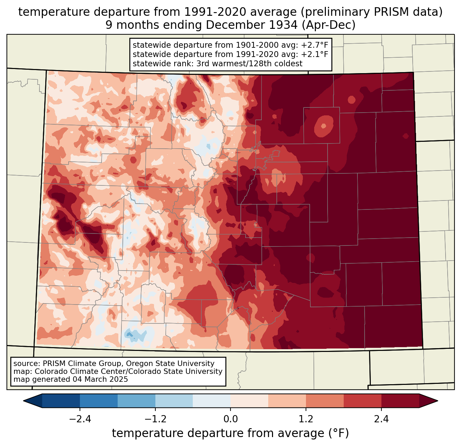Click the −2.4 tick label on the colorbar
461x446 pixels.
click(80, 419)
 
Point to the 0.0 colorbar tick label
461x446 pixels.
click(230, 419)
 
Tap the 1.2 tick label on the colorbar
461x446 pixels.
click(306, 419)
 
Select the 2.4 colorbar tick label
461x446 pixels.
click(381, 419)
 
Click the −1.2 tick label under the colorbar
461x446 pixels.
click(155, 419)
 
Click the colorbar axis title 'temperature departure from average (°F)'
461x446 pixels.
click(230, 433)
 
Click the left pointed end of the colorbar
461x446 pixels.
click(24, 401)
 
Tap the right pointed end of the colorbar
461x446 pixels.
click(437, 401)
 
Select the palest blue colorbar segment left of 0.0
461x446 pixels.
click(212, 401)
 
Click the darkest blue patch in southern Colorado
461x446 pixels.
click(129, 334)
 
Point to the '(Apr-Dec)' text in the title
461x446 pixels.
click(329, 25)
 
